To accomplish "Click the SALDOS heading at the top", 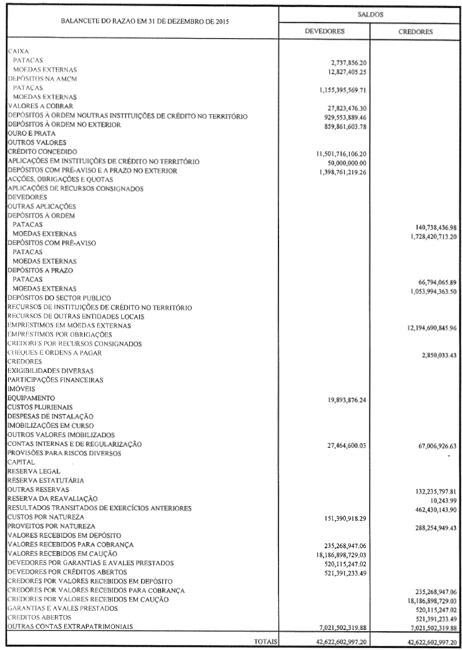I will coord(370,12).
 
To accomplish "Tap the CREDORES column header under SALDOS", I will coord(416,31).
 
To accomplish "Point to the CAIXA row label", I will coord(19,50).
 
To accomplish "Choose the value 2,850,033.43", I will coord(438,355).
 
